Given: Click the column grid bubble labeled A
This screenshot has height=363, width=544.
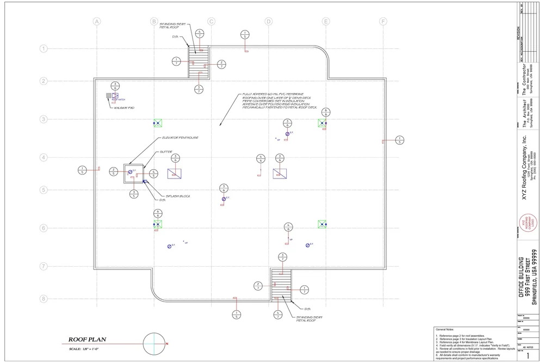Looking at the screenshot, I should pyautogui.click(x=97, y=22).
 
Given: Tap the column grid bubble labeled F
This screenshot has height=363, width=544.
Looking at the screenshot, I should pyautogui.click(x=384, y=22).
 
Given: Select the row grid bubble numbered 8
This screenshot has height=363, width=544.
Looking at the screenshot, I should pyautogui.click(x=43, y=299).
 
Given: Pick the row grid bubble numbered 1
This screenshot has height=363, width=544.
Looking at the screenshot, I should pyautogui.click(x=43, y=48).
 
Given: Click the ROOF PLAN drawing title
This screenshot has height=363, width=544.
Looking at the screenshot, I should pyautogui.click(x=87, y=340).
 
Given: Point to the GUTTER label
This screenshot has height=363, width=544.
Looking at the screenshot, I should pyautogui.click(x=166, y=152).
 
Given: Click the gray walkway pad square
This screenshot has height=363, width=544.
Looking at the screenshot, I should pyautogui.click(x=109, y=96).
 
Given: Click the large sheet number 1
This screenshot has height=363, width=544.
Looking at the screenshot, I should pyautogui.click(x=527, y=355).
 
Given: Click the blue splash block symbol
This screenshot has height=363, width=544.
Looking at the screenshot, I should pyautogui.click(x=145, y=181).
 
